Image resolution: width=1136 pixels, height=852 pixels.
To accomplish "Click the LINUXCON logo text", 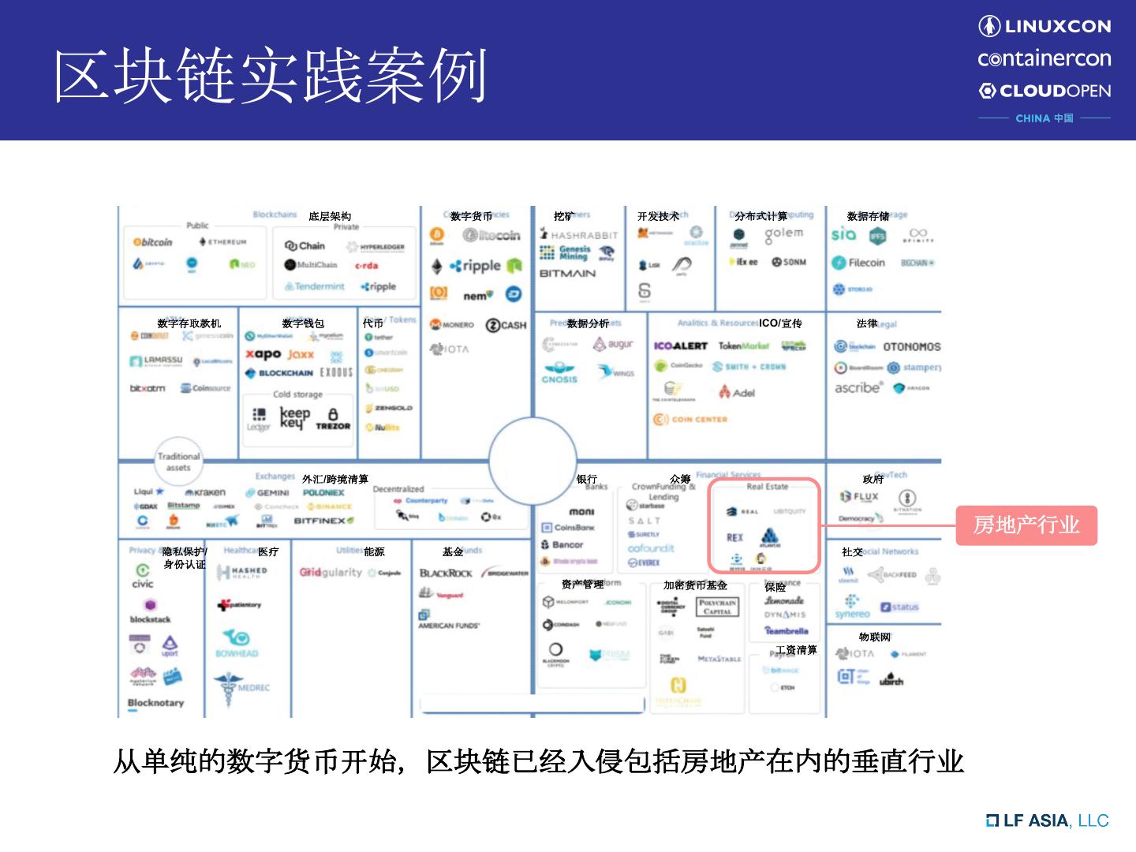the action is tap(1045, 26).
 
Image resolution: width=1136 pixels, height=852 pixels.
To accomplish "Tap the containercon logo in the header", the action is tap(1044, 58).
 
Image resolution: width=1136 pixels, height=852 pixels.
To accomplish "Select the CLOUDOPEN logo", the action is tap(1044, 91).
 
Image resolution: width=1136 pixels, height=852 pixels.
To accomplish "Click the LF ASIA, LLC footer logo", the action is tap(1048, 820).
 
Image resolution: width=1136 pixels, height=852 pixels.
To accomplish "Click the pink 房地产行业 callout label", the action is tap(1026, 525).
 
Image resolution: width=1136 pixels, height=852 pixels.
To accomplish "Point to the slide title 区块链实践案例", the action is tap(271, 76).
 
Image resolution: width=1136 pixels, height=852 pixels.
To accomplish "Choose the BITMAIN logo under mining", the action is tap(567, 274).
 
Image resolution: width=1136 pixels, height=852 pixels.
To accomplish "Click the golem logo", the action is tap(783, 234).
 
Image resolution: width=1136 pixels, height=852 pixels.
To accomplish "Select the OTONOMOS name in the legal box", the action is tap(911, 346).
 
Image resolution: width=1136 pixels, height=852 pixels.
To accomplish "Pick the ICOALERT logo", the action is tap(680, 346).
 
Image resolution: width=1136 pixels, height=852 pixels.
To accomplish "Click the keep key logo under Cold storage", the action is tap(295, 417).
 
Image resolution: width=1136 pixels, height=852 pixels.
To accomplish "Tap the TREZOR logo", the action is tap(333, 419).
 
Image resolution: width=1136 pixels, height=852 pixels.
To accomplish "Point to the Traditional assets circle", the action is tap(179, 461).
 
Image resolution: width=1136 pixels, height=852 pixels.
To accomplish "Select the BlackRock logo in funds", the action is tap(446, 573).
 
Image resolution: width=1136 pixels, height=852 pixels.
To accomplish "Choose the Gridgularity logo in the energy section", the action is tap(331, 572).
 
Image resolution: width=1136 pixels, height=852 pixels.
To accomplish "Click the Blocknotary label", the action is tap(155, 702).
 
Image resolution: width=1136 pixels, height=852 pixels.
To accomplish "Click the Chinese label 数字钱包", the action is tap(303, 323).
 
